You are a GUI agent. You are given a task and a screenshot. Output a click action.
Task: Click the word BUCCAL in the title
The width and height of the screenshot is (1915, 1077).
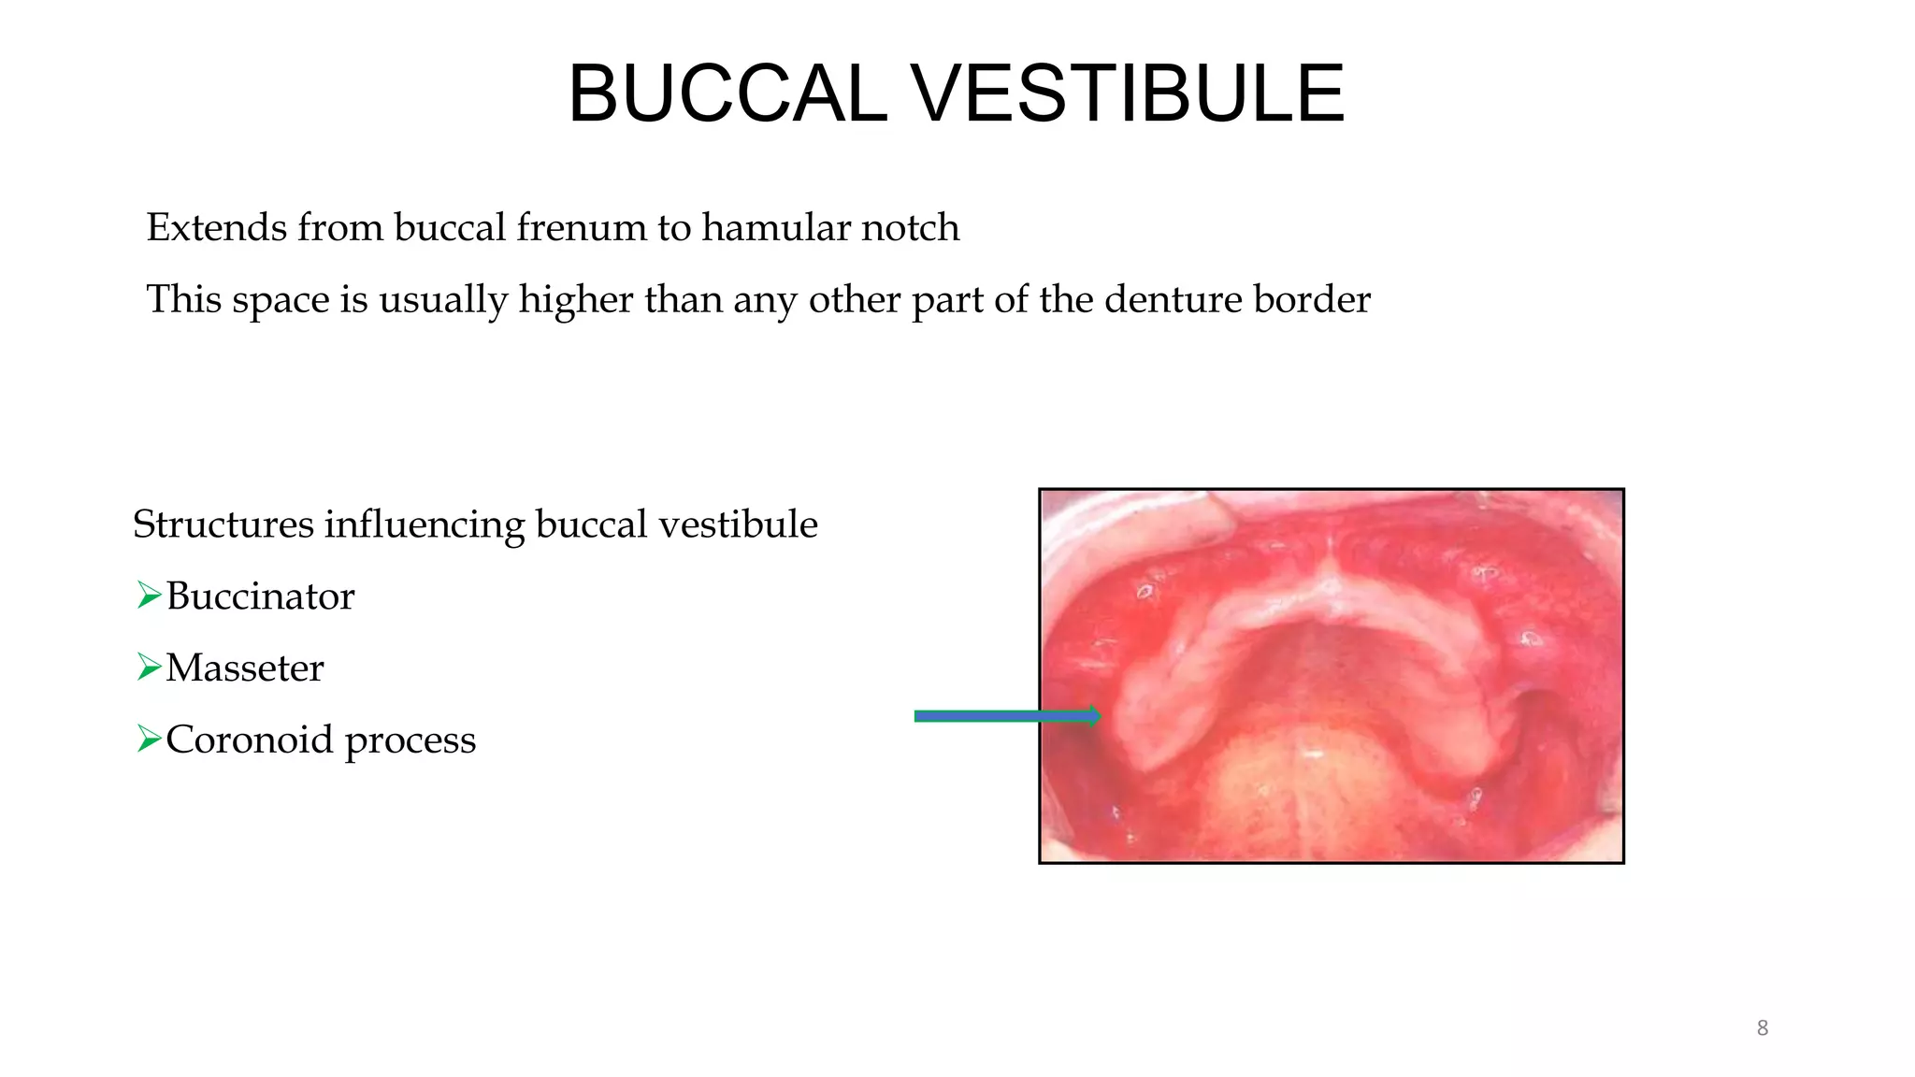(727, 93)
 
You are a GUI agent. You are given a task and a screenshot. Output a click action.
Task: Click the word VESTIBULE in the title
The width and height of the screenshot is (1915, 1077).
(1127, 93)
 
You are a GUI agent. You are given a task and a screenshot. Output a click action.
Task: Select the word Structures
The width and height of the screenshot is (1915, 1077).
(223, 524)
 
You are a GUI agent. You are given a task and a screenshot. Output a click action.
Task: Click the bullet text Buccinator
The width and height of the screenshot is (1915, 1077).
(260, 596)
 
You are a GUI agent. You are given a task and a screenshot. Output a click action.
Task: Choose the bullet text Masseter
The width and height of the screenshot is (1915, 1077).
(245, 668)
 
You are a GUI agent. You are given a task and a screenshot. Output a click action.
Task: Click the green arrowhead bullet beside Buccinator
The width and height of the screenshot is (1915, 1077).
(148, 595)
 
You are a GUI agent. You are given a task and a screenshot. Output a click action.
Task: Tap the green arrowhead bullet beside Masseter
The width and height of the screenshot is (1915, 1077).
(148, 667)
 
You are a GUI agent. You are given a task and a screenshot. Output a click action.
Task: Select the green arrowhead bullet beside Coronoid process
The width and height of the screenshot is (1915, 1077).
(148, 739)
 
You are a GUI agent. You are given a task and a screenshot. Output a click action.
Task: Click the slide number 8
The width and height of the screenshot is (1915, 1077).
(1762, 1028)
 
